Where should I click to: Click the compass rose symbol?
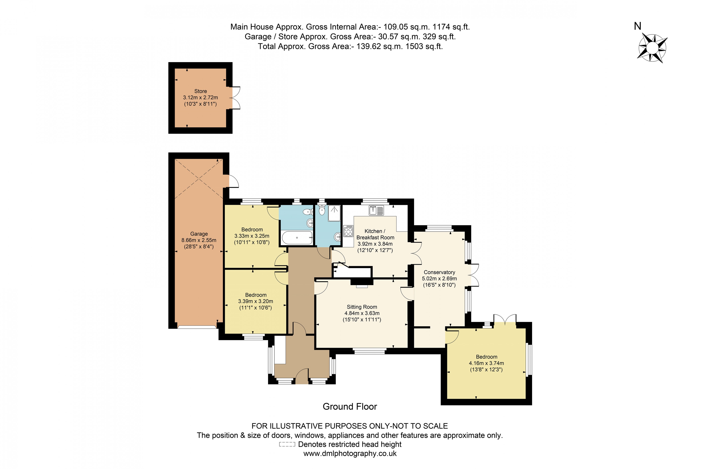(x=653, y=48)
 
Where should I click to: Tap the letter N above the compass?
(x=638, y=26)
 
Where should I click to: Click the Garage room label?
(x=199, y=234)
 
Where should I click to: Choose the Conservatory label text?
(x=439, y=272)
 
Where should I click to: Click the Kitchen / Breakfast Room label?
(x=375, y=234)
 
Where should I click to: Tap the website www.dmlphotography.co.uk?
(x=350, y=453)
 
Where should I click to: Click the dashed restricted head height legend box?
(x=287, y=444)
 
